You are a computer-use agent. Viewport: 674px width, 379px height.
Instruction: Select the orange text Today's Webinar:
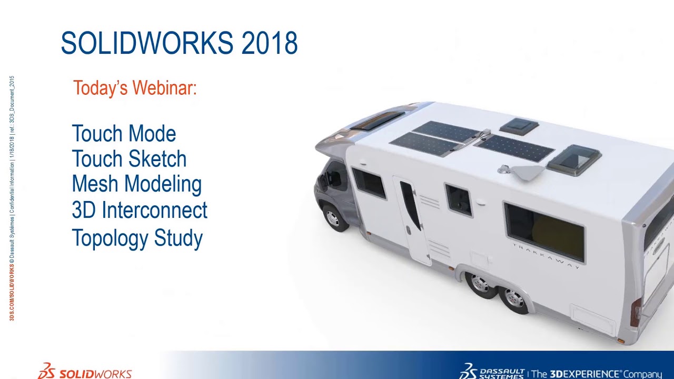pos(135,88)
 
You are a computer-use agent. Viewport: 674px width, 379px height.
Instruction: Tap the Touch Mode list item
pos(124,134)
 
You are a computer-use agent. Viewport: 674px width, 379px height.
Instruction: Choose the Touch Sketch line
pos(129,159)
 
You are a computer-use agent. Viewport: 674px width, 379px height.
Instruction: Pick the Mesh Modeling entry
pos(137,184)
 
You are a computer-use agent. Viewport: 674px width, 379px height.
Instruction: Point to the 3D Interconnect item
pos(140,210)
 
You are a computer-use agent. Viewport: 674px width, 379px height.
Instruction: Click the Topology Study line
pos(137,238)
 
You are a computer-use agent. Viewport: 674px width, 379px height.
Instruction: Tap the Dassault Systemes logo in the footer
pos(492,372)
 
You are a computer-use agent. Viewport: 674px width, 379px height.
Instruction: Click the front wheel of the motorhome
pos(333,217)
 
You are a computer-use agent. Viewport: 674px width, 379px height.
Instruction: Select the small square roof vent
pos(519,126)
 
